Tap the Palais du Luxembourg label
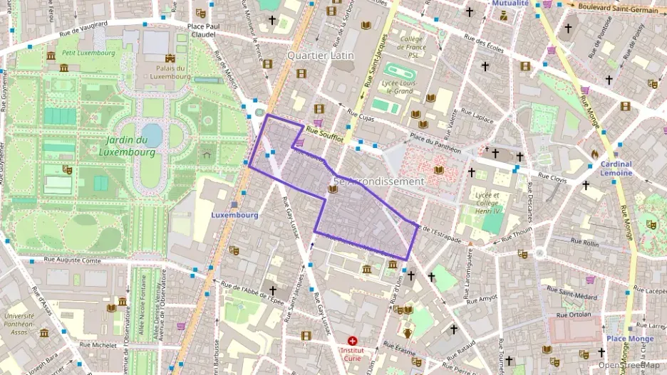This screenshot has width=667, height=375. [x=170, y=73]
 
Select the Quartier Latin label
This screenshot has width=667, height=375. [x=320, y=55]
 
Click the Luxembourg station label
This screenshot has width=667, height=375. [x=234, y=214]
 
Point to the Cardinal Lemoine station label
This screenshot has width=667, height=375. [x=616, y=169]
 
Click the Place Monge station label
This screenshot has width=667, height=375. [x=630, y=339]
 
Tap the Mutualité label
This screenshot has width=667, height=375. [x=511, y=4]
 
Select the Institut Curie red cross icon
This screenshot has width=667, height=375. [x=352, y=342]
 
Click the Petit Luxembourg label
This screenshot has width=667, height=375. [x=88, y=53]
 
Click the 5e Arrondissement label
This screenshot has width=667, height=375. [x=378, y=181]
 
